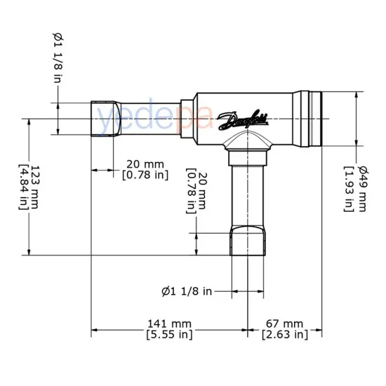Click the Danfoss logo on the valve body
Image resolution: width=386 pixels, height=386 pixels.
pos(243,120)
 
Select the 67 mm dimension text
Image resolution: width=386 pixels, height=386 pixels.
pos(284,323)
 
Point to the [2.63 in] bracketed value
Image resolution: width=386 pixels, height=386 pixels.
pos(284,335)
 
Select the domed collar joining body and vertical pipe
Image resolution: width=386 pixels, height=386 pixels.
pos(249,145)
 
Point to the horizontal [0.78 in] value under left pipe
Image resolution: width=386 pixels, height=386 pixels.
pos(145,174)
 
